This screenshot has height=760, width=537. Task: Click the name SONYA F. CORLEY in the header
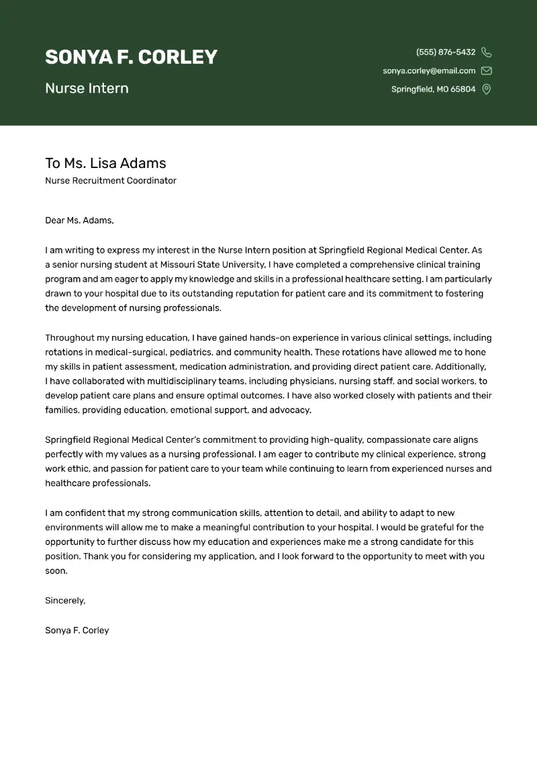point(131,57)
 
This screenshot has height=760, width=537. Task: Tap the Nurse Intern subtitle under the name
point(87,88)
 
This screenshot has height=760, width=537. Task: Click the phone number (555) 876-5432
point(446,52)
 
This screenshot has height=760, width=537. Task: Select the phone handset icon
point(487,52)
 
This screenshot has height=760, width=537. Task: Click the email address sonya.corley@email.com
point(429,71)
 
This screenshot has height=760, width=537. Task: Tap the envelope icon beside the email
point(487,71)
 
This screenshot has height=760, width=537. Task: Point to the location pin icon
point(487,89)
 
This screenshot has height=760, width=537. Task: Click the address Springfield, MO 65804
point(433,89)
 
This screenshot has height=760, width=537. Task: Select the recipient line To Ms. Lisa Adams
point(105,163)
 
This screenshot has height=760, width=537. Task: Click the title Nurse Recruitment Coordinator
point(111,181)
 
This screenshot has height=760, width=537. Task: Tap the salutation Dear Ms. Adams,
point(79,220)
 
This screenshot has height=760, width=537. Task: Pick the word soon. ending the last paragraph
point(56,571)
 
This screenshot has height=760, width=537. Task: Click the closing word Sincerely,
point(65,601)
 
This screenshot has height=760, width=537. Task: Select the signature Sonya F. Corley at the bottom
point(77,630)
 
